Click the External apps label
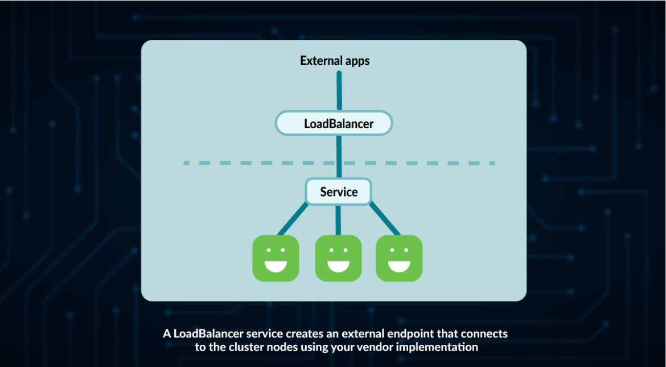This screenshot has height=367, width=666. click(x=335, y=61)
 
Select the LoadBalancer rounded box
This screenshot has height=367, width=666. click(x=334, y=123)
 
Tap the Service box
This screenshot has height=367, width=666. click(x=339, y=191)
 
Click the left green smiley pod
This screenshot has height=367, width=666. click(x=276, y=258)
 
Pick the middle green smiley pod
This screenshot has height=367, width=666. click(x=338, y=258)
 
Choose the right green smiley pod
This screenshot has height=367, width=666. click(x=399, y=258)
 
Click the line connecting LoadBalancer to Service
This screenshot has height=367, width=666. click(x=339, y=157)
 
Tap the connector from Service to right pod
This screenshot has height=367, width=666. click(x=384, y=219)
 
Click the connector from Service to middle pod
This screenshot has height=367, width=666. click(x=339, y=220)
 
